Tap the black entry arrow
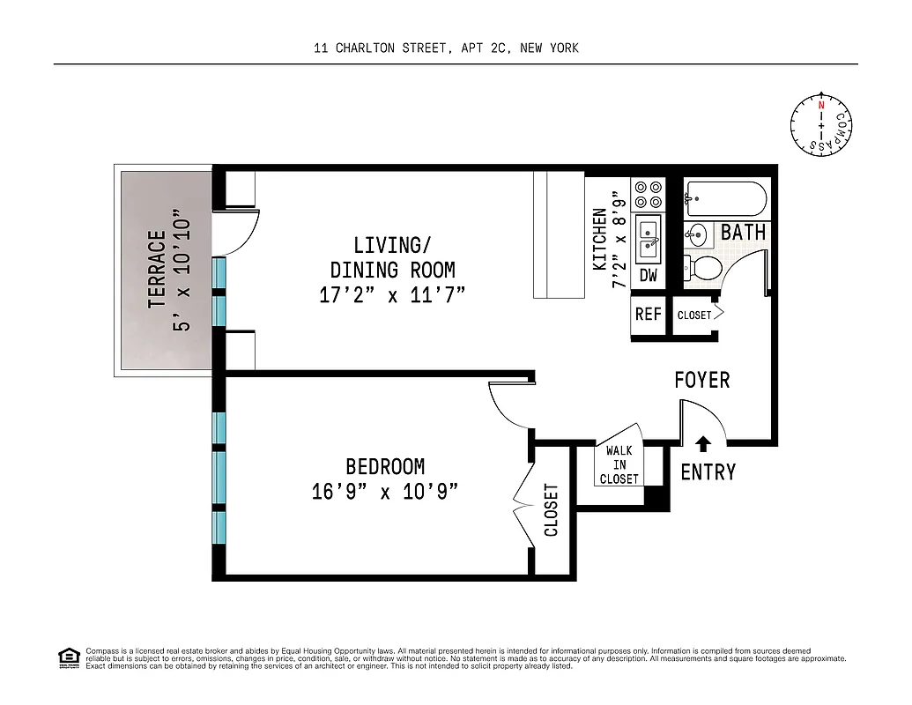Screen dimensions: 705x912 (702, 444)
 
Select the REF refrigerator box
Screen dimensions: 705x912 (649, 314)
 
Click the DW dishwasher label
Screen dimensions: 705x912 (649, 276)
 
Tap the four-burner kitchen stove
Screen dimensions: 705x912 (649, 195)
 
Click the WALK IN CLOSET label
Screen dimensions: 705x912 (619, 465)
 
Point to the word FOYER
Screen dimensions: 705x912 (702, 380)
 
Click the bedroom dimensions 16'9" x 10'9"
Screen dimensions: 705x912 (386, 492)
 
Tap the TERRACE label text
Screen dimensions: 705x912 (158, 268)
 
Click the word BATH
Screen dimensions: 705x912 (743, 234)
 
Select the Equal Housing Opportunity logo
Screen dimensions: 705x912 (67, 657)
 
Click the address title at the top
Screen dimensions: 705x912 (446, 48)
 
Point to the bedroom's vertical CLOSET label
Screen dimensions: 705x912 (552, 509)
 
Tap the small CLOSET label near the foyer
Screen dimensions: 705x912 (694, 315)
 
